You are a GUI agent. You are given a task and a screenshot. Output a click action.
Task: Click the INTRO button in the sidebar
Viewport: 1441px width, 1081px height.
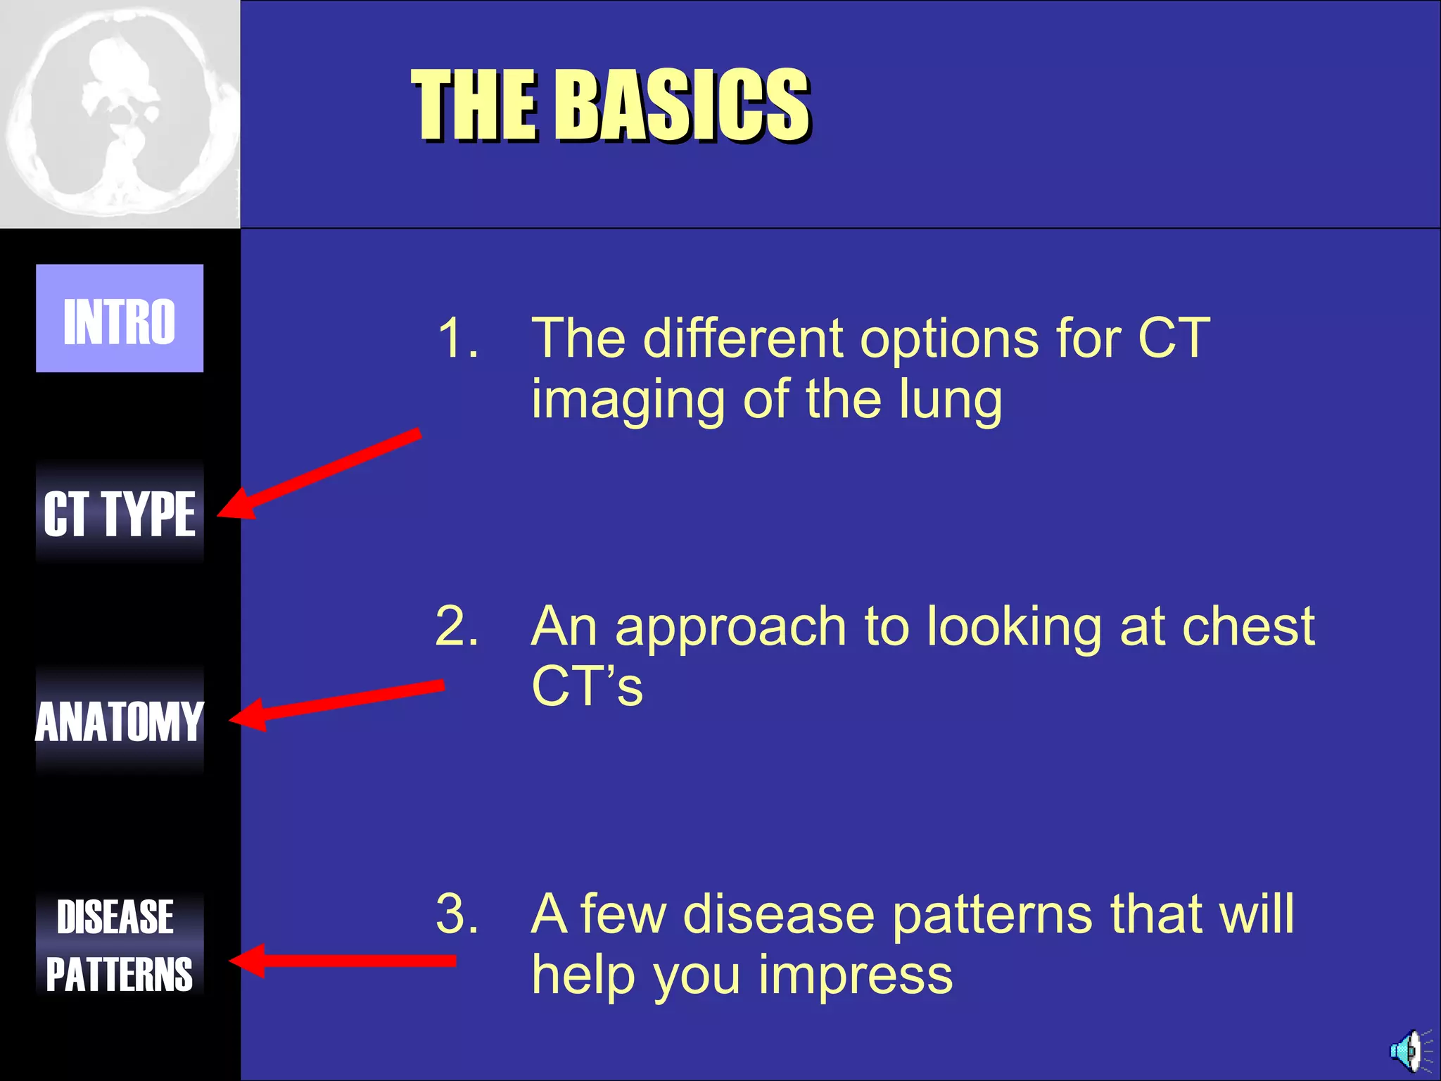120,318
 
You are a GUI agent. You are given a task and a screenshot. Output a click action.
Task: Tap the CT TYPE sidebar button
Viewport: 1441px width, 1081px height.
120,514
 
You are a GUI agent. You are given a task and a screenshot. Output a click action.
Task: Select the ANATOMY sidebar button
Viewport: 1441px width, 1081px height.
120,721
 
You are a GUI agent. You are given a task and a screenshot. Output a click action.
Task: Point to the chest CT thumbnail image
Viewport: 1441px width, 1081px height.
120,114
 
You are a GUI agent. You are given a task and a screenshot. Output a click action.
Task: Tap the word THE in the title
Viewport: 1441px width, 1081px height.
476,106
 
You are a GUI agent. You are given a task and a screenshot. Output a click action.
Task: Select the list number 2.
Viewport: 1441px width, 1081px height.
457,626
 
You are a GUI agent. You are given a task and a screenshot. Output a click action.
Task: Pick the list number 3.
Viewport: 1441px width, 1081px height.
457,914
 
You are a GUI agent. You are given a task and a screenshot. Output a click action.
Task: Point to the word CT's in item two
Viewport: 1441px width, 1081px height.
587,687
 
